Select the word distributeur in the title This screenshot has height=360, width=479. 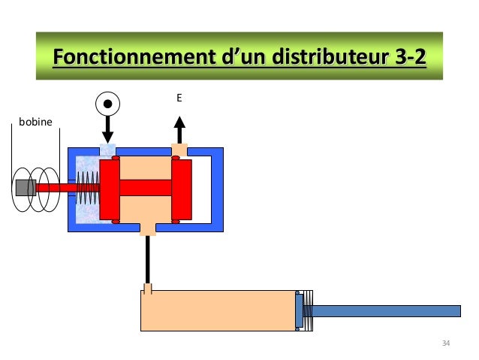tap(302, 58)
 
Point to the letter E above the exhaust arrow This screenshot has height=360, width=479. tap(179, 98)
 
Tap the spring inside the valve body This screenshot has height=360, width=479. tap(88, 188)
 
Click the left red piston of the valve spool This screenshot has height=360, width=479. tap(110, 188)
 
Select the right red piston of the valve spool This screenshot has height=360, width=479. tap(182, 188)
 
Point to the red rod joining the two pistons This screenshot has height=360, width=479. tap(146, 188)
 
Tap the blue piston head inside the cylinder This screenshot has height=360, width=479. tap(300, 310)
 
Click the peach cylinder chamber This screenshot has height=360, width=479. tap(218, 310)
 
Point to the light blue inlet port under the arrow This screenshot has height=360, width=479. tap(107, 150)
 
